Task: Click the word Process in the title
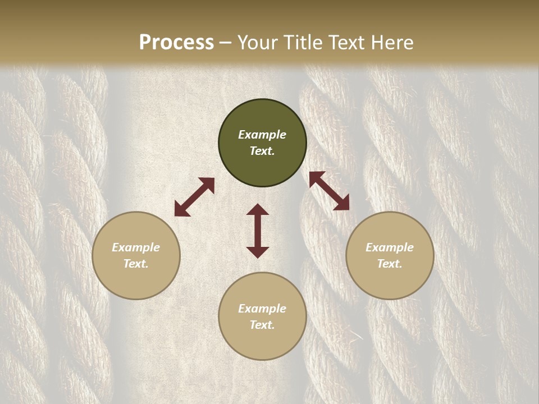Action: [x=176, y=43]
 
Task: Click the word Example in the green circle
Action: [x=262, y=135]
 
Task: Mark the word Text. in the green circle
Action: [x=262, y=151]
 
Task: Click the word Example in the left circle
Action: [x=136, y=247]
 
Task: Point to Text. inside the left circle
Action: [x=136, y=264]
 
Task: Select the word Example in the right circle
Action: [x=390, y=247]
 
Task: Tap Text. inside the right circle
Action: [x=390, y=264]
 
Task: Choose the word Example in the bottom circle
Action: [x=262, y=309]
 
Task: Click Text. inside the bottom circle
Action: [x=262, y=325]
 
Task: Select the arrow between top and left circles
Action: [x=194, y=197]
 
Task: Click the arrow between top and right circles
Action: [x=329, y=191]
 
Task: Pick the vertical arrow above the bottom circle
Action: [x=258, y=231]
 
